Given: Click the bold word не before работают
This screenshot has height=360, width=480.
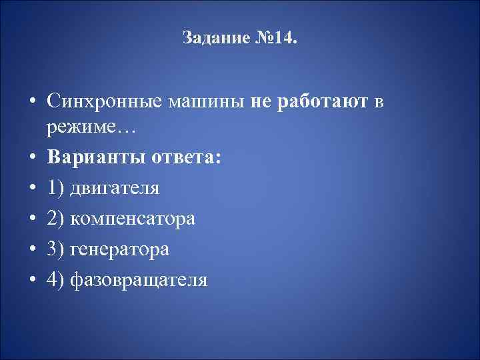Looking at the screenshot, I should point(262,101).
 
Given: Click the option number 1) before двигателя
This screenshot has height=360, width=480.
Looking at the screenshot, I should point(57,188).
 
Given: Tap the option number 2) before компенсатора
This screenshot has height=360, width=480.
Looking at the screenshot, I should point(57,219).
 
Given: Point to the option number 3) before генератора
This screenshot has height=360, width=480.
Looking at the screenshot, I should point(57,249).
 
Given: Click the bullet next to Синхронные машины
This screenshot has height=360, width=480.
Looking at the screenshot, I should point(31,102).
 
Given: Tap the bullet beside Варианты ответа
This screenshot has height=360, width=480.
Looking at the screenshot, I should point(31,158).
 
